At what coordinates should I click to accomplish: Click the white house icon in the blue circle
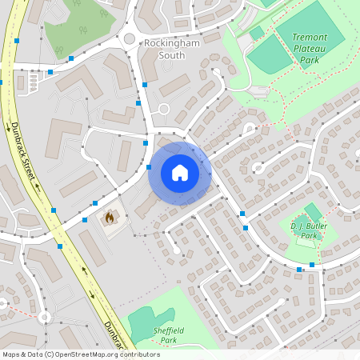click(x=180, y=173)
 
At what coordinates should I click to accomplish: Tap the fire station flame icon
click(x=110, y=216)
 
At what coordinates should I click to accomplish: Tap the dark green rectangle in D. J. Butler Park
click(x=313, y=211)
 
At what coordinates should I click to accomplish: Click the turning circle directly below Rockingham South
click(x=164, y=109)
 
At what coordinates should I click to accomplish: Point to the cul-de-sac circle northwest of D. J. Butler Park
click(x=258, y=167)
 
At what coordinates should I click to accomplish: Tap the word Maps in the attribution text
click(x=12, y=354)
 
